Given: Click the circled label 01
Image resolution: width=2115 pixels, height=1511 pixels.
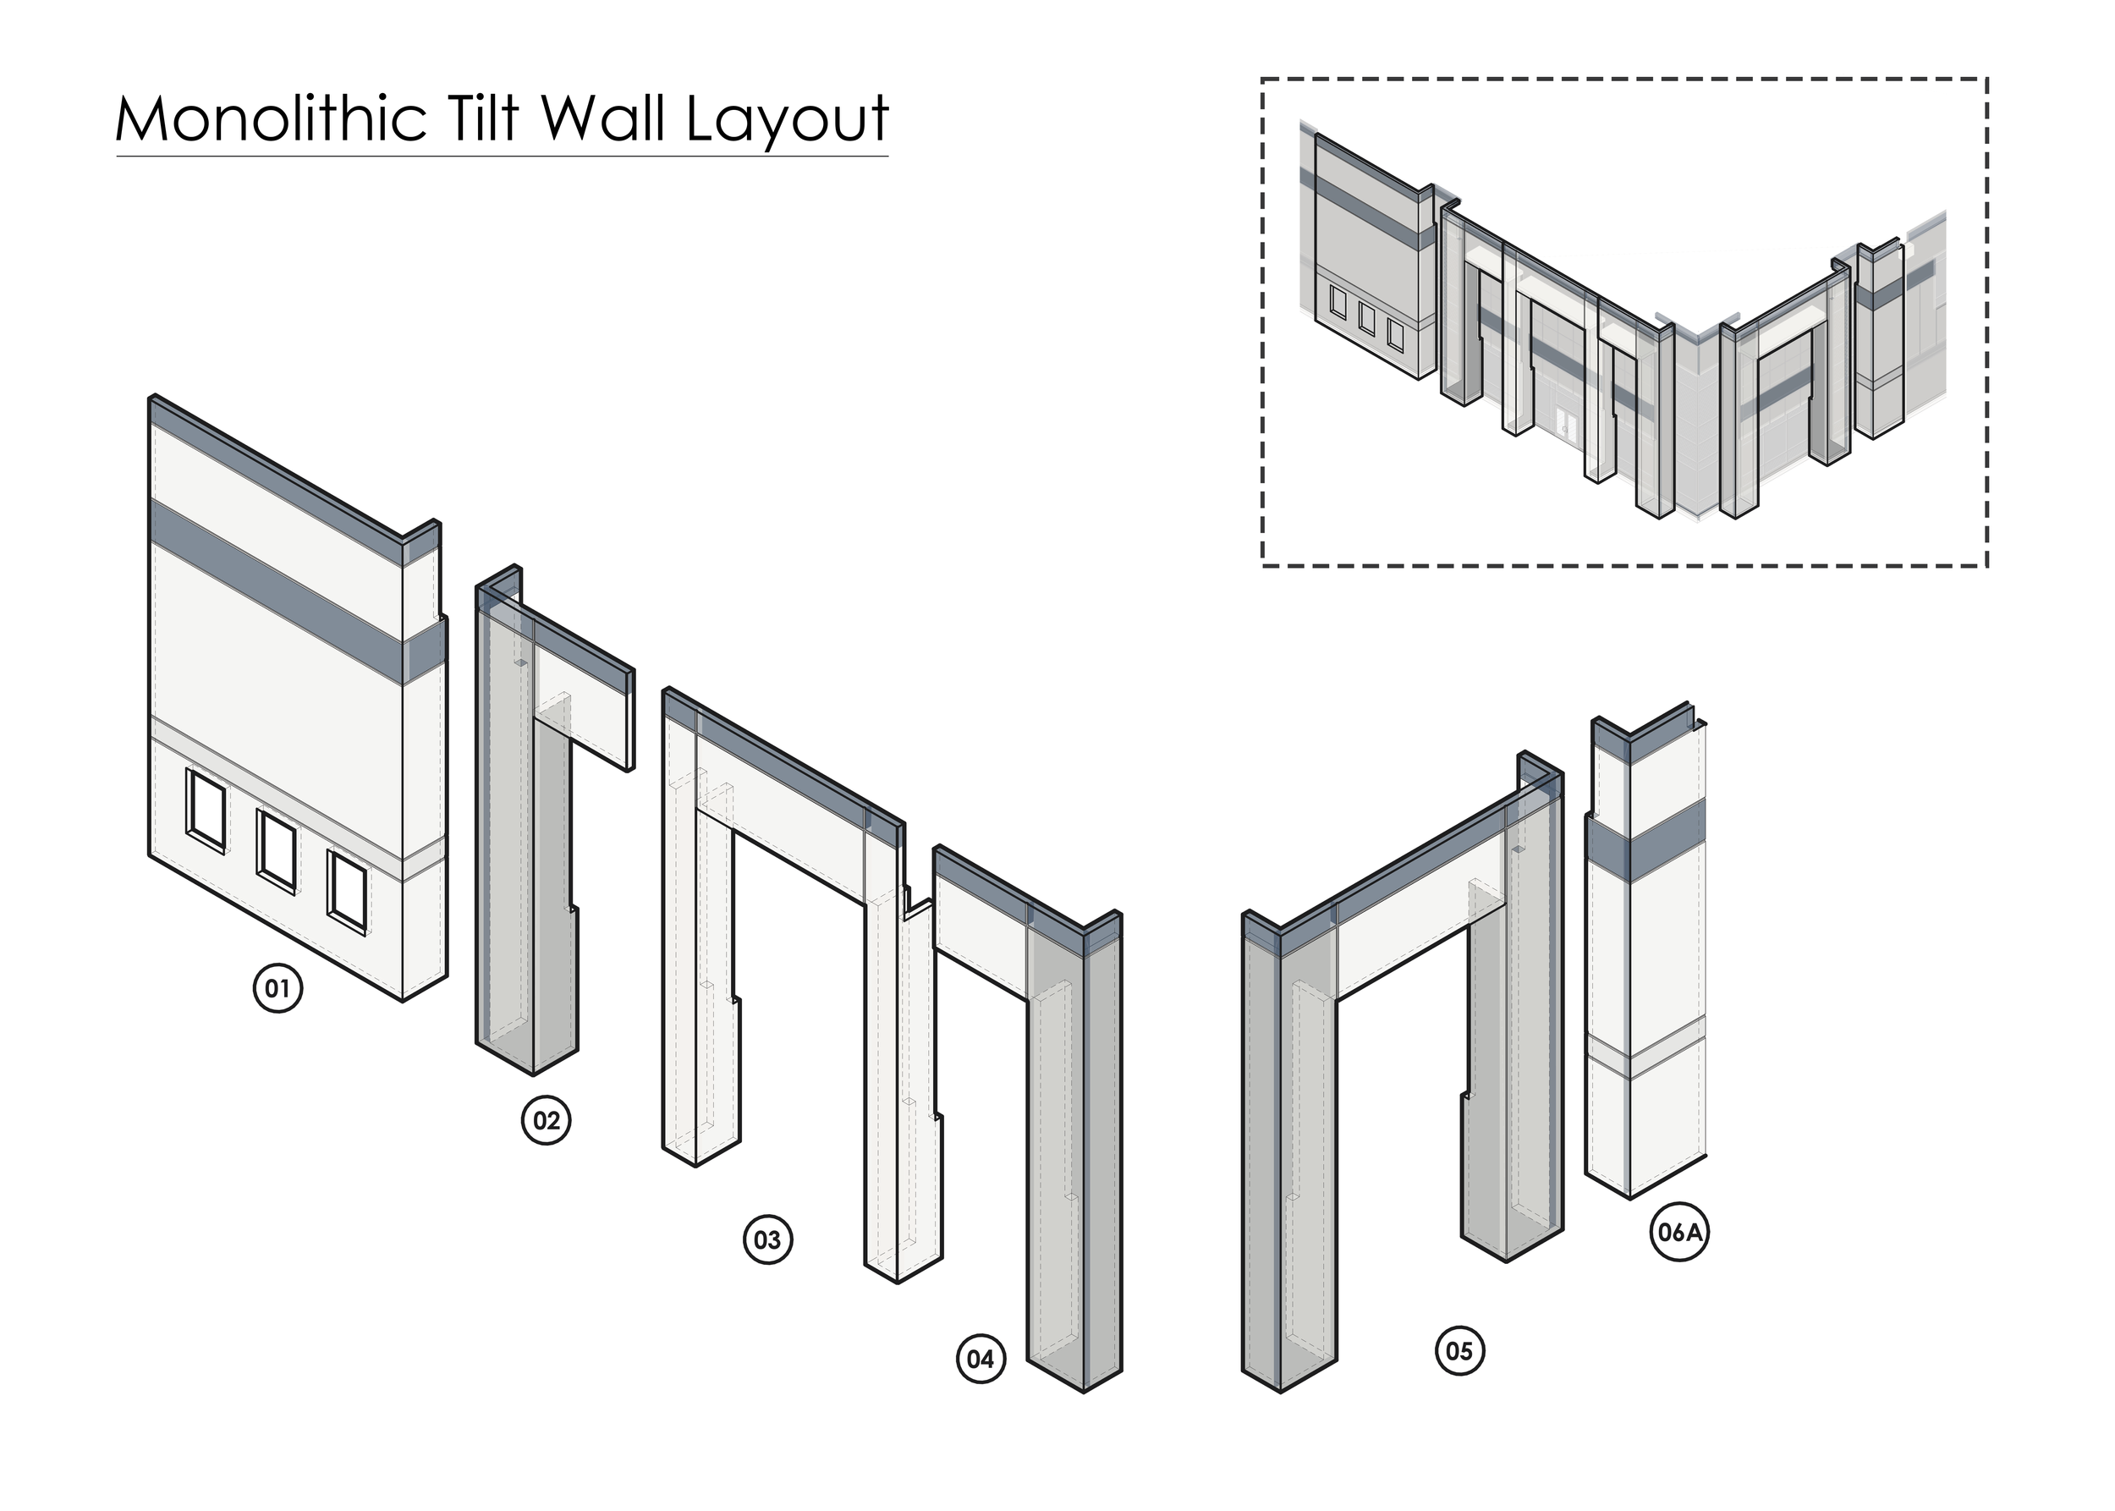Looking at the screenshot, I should click(277, 988).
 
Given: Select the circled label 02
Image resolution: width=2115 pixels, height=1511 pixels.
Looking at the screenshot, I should click(546, 1119).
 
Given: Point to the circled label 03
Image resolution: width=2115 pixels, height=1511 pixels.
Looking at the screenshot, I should click(767, 1239).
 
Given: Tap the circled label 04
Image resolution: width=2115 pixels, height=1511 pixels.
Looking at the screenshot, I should click(981, 1360).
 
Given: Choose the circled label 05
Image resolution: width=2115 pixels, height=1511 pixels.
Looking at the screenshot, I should click(1459, 1350).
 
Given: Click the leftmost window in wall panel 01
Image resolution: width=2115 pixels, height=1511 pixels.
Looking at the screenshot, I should click(206, 810).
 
